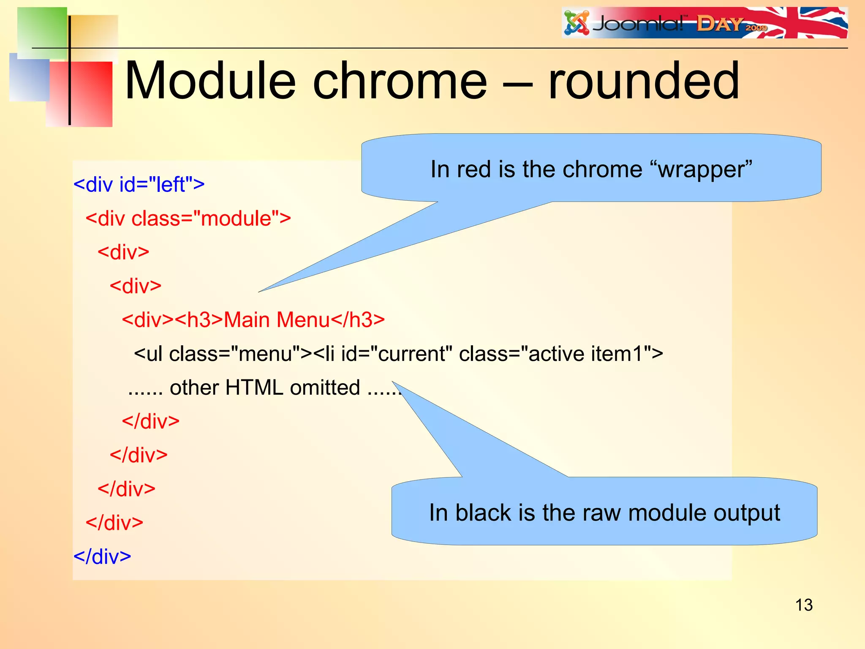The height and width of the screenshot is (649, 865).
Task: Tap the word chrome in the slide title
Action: click(400, 81)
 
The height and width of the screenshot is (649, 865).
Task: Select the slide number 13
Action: click(804, 605)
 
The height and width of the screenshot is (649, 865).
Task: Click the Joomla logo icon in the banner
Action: click(577, 23)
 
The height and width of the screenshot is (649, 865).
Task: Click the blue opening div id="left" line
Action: click(139, 185)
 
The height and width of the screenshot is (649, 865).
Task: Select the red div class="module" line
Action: click(188, 218)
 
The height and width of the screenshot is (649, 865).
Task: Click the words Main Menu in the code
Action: click(276, 320)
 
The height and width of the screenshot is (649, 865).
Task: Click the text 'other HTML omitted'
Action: click(265, 387)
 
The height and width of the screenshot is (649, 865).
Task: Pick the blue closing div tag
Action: click(102, 556)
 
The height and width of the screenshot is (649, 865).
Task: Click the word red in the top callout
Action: click(473, 169)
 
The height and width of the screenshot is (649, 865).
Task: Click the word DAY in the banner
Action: click(719, 24)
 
